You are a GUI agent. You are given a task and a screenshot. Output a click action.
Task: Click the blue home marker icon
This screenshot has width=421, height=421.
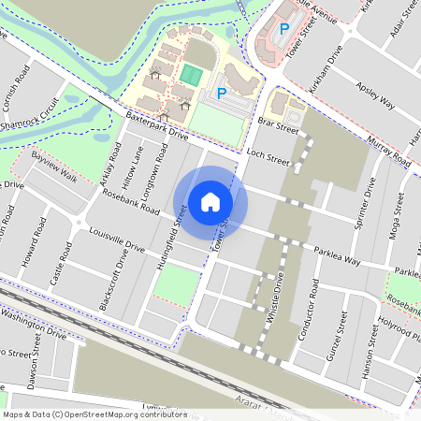210,201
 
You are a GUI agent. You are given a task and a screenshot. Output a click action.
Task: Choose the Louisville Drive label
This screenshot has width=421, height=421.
116,240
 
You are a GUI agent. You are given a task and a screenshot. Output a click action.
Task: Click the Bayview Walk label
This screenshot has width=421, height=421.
53,163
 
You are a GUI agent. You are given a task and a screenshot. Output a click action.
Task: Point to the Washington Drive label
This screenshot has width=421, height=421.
34,324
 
